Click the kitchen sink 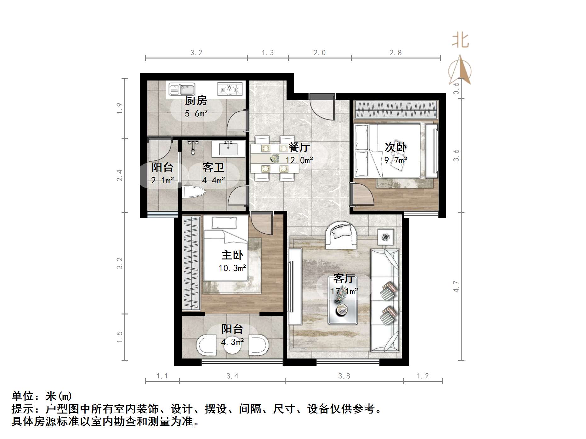coord(182,89)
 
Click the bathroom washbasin coord(228,148)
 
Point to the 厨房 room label coord(196,101)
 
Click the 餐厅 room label coord(299,147)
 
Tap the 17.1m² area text coord(344,292)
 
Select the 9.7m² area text coord(395,160)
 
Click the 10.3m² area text coord(232,268)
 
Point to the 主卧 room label coord(232,255)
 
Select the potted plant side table coord(385,237)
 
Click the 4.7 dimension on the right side coord(456,286)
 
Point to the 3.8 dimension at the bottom coord(344,376)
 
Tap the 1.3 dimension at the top coord(268,53)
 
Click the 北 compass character coord(460,41)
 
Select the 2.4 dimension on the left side coord(119,175)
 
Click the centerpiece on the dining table coord(275,158)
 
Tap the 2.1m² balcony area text coord(162,181)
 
